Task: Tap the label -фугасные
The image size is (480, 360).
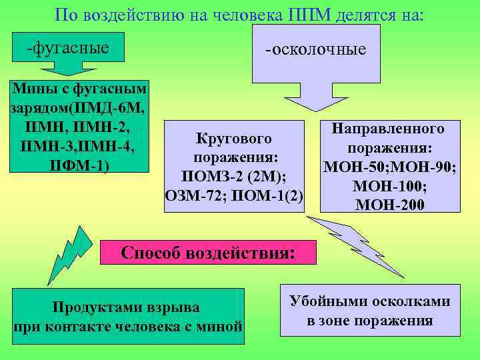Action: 67,48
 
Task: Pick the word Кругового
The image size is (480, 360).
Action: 234,139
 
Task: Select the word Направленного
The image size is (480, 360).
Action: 390,128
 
